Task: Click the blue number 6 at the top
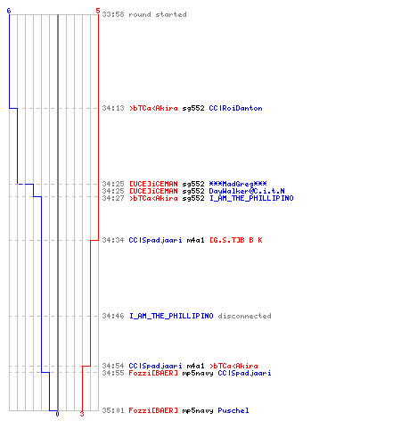(x=9, y=11)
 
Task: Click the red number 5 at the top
(x=98, y=11)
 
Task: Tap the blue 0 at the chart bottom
(x=57, y=414)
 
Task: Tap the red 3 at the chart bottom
(x=82, y=414)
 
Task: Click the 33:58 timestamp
(x=113, y=14)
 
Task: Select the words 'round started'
(x=158, y=14)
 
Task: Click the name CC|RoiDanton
(x=235, y=108)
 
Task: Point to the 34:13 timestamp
(x=113, y=108)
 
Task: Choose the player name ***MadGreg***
(x=238, y=184)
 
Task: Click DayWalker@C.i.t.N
(x=247, y=191)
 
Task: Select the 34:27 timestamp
(x=113, y=198)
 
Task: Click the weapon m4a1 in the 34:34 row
(x=195, y=240)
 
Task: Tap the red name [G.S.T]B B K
(x=236, y=240)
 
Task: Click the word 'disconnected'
(x=244, y=316)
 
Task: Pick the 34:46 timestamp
(x=113, y=316)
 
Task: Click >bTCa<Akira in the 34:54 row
(x=233, y=366)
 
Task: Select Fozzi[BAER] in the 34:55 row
(x=153, y=373)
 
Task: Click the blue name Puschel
(x=233, y=410)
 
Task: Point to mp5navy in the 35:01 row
(x=198, y=411)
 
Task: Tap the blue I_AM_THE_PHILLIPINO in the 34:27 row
(x=251, y=198)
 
